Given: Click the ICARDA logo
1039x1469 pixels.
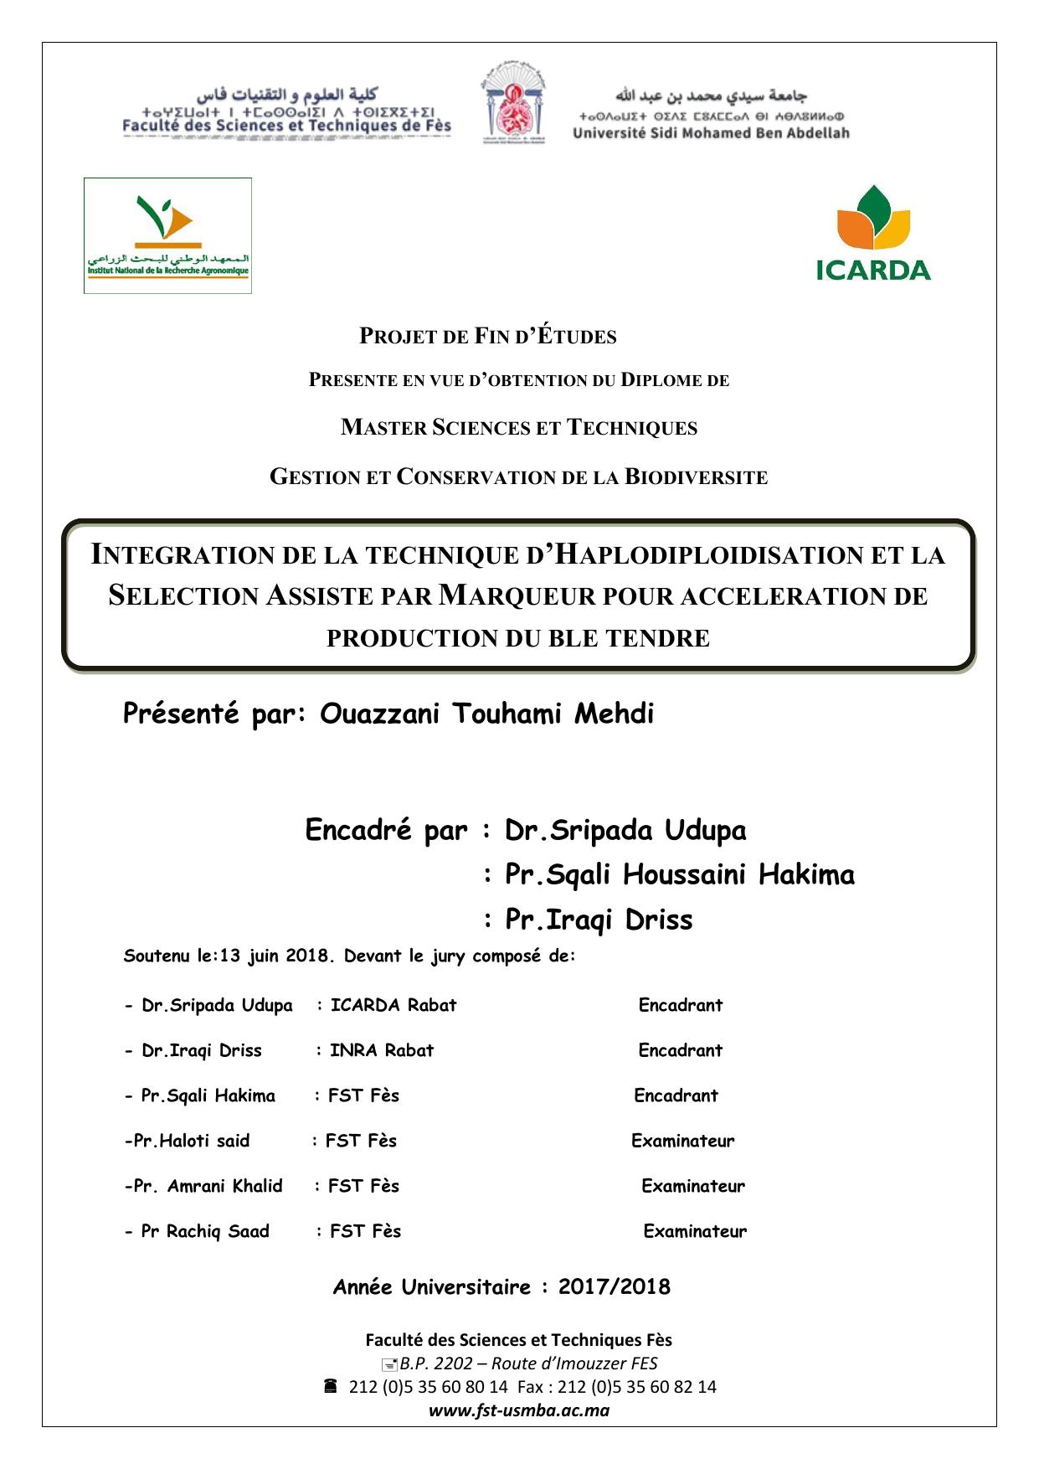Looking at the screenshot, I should click(873, 233).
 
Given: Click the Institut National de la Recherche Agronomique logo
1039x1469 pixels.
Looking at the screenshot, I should click(167, 235).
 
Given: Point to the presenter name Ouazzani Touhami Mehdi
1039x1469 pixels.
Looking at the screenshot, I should click(486, 714).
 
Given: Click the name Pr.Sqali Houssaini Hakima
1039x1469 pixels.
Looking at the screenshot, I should click(679, 874).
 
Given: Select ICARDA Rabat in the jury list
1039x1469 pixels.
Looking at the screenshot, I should click(393, 1005).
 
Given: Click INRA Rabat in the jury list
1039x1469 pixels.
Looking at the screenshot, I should click(382, 1050).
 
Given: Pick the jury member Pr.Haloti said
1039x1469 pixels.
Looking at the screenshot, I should click(192, 1141).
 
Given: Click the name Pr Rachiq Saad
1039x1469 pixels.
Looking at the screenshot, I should click(205, 1231).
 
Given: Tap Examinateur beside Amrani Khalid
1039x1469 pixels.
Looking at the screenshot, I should click(692, 1186).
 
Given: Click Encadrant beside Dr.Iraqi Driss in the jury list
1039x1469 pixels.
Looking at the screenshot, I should click(680, 1050).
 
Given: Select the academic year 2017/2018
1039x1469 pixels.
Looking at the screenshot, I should click(614, 1287).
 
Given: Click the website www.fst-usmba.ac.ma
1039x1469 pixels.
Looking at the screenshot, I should click(518, 1410).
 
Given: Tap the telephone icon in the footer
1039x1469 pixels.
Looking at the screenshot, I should click(330, 1386).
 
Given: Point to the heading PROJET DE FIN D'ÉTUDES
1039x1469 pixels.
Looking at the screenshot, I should click(487, 337).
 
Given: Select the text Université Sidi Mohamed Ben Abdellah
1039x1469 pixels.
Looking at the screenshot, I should click(711, 133).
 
